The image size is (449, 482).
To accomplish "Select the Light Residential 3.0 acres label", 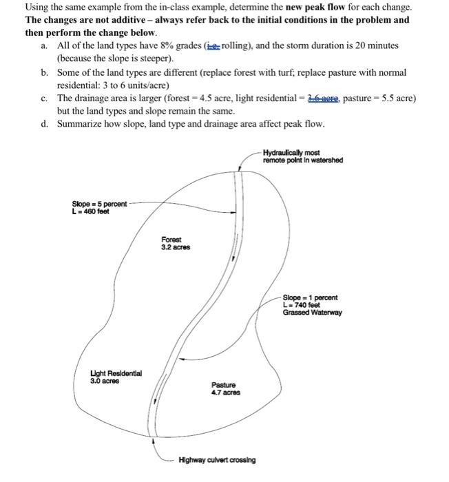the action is pos(116,376).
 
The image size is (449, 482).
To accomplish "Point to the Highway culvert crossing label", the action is pos(216,459).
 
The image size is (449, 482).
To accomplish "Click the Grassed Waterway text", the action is pos(312,312).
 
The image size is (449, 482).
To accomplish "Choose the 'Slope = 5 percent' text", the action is pos(99,204).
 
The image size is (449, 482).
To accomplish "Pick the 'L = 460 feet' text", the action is pos(90,211).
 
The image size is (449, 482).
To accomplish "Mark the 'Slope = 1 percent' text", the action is pos(310,297).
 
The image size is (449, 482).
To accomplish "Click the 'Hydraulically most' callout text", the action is pos(292,153).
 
